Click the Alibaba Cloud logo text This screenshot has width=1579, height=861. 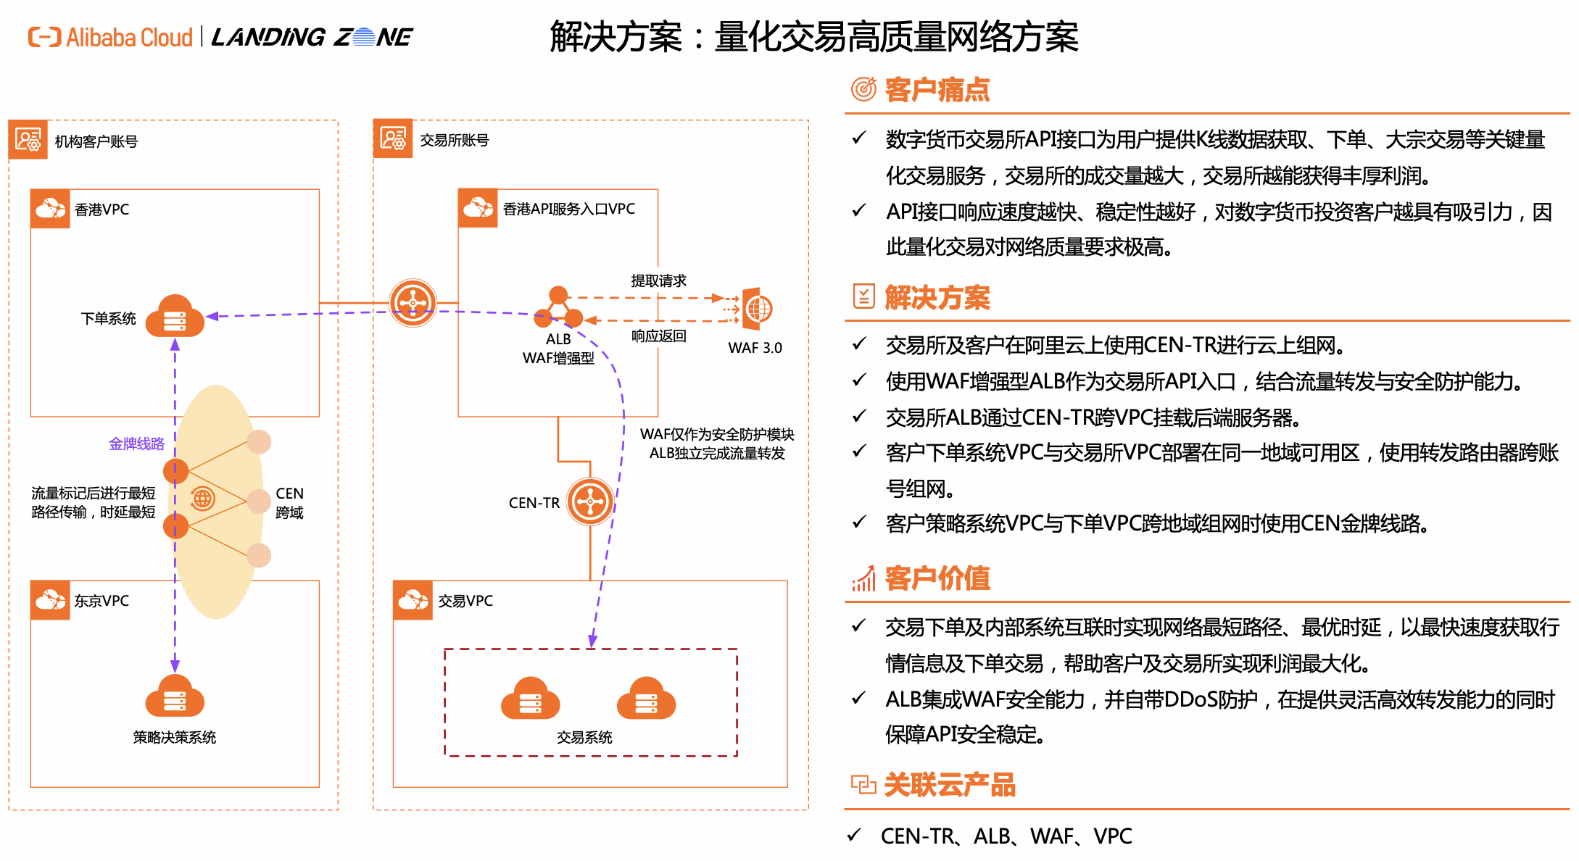click(x=129, y=37)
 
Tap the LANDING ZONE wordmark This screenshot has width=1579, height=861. click(x=312, y=37)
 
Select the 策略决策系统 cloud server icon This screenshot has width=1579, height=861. click(x=175, y=698)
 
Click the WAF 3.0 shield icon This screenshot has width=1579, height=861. click(x=758, y=309)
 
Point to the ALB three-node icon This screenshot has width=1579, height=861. click(x=558, y=308)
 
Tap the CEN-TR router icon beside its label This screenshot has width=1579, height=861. click(x=590, y=501)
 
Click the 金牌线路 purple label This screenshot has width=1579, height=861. click(x=136, y=444)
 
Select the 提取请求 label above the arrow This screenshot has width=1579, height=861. click(x=658, y=280)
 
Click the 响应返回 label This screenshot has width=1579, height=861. click(x=658, y=336)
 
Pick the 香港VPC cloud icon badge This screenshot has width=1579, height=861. click(x=50, y=209)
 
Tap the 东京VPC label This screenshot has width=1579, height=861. click(x=101, y=601)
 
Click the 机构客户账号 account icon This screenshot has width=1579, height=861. click(x=28, y=140)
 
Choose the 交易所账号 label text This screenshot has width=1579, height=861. click(x=455, y=140)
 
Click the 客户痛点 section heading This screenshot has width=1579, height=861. click(x=937, y=90)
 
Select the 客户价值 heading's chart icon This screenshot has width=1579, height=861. click(x=863, y=578)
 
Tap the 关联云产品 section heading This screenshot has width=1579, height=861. click(x=949, y=785)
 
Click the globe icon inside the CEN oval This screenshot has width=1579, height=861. click(x=202, y=499)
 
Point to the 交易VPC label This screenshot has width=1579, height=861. click(x=465, y=601)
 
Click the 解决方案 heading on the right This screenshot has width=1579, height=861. click(x=937, y=298)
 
